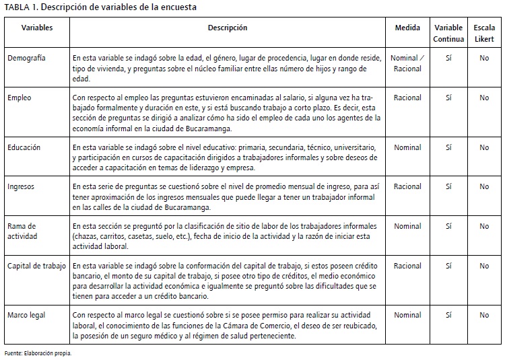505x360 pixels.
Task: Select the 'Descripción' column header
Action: tap(228, 28)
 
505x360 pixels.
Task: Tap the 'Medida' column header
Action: tap(407, 28)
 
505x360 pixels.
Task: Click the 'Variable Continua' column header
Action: tap(448, 33)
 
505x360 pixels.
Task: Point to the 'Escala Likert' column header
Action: tap(484, 33)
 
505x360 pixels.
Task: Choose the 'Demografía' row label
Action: tap(27, 59)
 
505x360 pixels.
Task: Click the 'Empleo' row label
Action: tap(20, 98)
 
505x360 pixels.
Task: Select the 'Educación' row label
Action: tap(24, 147)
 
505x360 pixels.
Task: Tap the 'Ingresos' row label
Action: tap(21, 186)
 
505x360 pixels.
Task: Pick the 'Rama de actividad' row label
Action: tap(23, 231)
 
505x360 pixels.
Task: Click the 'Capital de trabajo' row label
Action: tap(37, 266)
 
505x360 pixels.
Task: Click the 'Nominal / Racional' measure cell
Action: tap(407, 63)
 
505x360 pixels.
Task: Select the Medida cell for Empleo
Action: tap(407, 98)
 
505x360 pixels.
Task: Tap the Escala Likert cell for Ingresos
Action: tap(484, 186)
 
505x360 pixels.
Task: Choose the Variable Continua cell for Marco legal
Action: tap(448, 315)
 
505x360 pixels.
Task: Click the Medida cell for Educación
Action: tap(407, 147)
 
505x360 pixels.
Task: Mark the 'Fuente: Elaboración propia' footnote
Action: tap(38, 353)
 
